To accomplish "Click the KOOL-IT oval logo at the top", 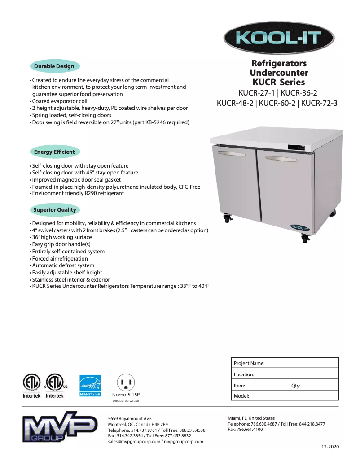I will point(279,37).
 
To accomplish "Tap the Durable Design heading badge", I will point(54,66).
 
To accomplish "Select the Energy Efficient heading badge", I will point(54,152).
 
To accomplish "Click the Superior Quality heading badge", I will point(55,210).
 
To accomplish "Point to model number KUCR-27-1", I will point(257,93).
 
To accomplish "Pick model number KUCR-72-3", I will point(319,103).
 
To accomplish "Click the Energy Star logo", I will point(90,385).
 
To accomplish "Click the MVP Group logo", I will point(60,430).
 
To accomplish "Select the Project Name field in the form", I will point(285,363).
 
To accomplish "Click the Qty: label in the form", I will point(296,386).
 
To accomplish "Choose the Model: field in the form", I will point(285,396).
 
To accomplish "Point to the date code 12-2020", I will point(330,447).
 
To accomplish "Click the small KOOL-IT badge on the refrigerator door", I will point(299,228).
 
